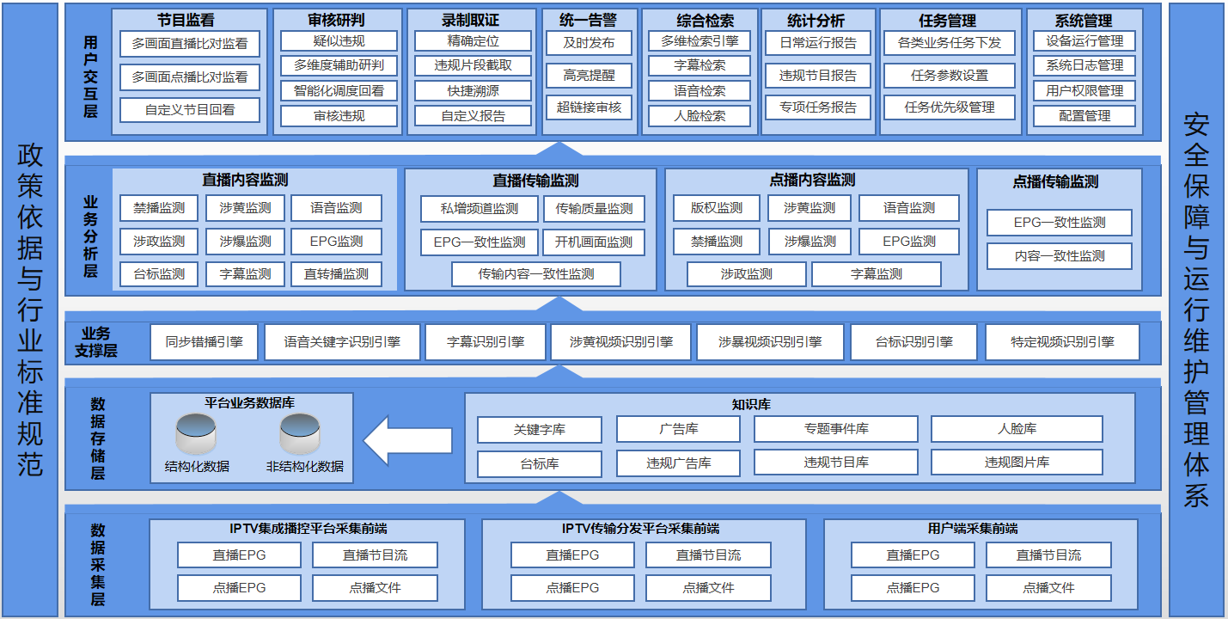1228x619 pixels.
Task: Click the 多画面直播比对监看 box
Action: [190, 44]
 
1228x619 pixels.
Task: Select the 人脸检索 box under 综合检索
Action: [700, 116]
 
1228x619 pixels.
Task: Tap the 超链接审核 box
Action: [589, 107]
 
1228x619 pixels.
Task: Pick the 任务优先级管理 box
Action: [949, 107]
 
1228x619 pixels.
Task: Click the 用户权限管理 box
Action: [1084, 91]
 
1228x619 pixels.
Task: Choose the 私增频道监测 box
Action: [480, 209]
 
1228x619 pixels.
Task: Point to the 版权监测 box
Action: [717, 208]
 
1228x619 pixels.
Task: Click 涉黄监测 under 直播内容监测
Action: [245, 208]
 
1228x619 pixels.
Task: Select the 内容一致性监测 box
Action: [1060, 256]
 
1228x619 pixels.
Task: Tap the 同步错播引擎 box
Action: [204, 342]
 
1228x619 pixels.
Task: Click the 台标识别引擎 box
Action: [913, 342]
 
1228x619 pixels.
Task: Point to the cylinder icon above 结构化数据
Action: [196, 433]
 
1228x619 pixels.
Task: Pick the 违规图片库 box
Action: [1017, 463]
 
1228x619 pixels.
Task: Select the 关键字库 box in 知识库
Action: [540, 430]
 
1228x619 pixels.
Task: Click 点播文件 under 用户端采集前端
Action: [1048, 588]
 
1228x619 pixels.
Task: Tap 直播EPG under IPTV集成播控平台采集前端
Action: [239, 555]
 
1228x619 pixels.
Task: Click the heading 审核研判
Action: [336, 21]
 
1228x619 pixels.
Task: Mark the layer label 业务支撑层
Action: [96, 342]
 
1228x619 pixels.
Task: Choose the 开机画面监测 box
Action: [594, 242]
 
